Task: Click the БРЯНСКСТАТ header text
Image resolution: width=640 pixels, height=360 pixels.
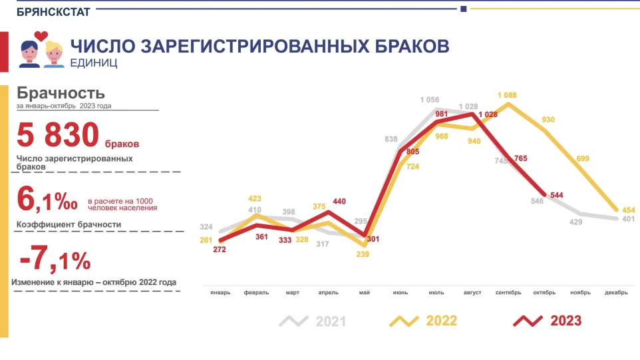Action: [x=53, y=11]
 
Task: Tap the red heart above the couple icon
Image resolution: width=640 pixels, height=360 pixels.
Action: [x=41, y=35]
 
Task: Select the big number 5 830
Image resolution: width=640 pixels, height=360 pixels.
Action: [x=58, y=136]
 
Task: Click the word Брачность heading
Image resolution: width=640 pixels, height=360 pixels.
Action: [x=61, y=93]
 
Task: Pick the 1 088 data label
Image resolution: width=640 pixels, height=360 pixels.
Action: [x=508, y=95]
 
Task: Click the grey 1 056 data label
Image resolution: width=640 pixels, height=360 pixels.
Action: [x=429, y=100]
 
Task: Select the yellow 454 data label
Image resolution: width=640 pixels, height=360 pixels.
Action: [x=629, y=211]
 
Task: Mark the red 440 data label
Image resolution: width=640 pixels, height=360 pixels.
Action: [x=340, y=201]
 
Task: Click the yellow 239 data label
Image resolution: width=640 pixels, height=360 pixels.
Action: [x=362, y=254]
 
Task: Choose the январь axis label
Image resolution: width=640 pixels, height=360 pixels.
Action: [x=220, y=293]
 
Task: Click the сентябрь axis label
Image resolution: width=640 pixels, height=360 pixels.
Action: [x=508, y=293]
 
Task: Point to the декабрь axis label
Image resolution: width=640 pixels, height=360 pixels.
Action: [x=617, y=293]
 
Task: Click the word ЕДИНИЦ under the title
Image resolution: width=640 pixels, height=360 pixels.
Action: [x=94, y=63]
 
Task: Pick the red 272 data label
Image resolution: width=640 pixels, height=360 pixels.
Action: [x=220, y=250]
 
